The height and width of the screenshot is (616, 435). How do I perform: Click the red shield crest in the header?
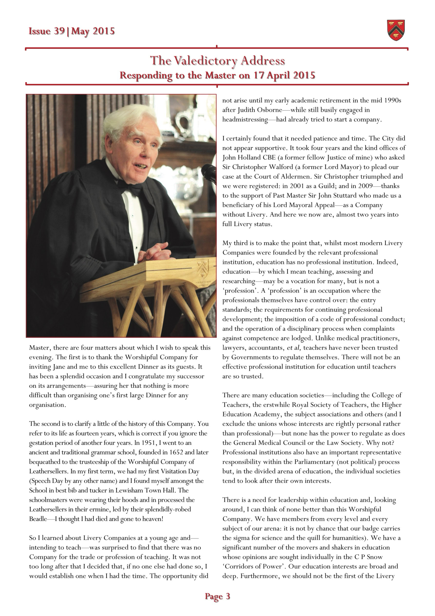396,30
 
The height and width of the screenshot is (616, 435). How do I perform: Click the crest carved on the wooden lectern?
203,268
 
